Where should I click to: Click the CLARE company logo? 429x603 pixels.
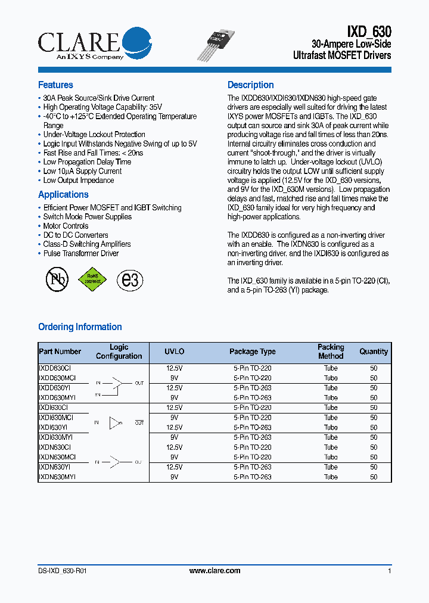point(87,43)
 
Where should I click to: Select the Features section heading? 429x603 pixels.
point(55,85)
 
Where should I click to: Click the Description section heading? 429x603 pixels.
point(250,85)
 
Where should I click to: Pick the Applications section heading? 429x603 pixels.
point(63,194)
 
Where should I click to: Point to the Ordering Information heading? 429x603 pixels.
point(80,327)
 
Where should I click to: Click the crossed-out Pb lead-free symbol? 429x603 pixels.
point(57,279)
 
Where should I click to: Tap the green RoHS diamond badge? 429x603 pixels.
point(92,279)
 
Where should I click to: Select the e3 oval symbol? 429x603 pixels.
point(130,279)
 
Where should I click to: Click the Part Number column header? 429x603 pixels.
point(60,352)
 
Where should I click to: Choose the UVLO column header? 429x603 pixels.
point(175,352)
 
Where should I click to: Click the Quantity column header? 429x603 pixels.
point(374,352)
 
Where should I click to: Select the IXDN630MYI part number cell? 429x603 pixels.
point(57,477)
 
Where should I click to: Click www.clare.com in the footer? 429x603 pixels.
point(214,571)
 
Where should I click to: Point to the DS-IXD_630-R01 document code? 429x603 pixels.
point(63,571)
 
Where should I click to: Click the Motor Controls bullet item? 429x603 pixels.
point(66,226)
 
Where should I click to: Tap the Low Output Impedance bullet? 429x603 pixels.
point(78,180)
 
